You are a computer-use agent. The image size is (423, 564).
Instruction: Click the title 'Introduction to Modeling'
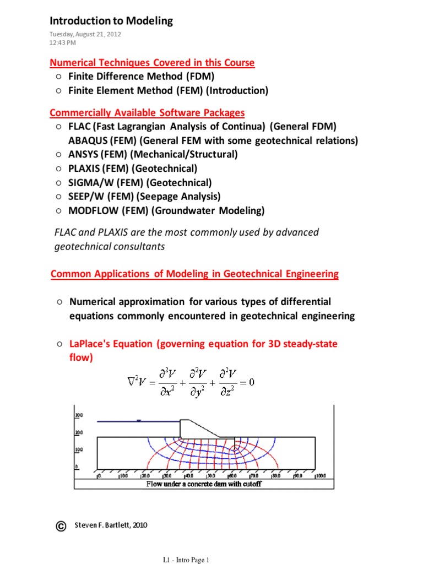pyautogui.click(x=111, y=21)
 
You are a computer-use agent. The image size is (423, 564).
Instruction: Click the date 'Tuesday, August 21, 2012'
pyautogui.click(x=85, y=34)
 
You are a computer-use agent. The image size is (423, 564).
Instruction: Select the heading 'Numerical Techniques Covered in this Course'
pyautogui.click(x=152, y=62)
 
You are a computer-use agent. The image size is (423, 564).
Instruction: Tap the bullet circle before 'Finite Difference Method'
pyautogui.click(x=58, y=77)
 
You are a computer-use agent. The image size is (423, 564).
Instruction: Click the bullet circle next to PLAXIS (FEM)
pyautogui.click(x=58, y=169)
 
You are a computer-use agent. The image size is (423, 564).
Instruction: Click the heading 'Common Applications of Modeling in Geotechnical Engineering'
pyautogui.click(x=194, y=274)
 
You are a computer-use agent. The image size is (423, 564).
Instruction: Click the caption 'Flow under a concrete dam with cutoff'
pyautogui.click(x=203, y=484)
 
